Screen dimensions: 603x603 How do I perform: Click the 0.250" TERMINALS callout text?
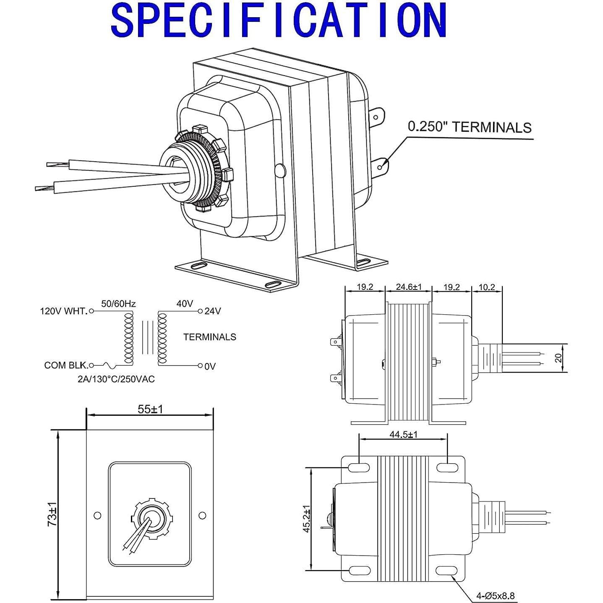pyautogui.click(x=470, y=127)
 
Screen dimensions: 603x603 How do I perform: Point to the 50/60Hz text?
pyautogui.click(x=118, y=303)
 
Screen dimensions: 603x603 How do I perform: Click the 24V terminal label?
pyautogui.click(x=212, y=311)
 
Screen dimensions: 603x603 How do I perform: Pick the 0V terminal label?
pyautogui.click(x=210, y=366)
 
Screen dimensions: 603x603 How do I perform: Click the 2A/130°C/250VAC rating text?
pyautogui.click(x=116, y=379)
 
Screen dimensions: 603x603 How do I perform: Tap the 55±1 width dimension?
pyautogui.click(x=150, y=409)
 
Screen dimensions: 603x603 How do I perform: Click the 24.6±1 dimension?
pyautogui.click(x=408, y=287)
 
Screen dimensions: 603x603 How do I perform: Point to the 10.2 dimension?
pyautogui.click(x=487, y=287)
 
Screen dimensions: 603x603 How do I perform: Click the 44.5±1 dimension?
pyautogui.click(x=403, y=434)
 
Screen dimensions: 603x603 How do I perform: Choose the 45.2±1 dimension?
pyautogui.click(x=307, y=519)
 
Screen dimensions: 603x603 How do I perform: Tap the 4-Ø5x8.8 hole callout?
pyautogui.click(x=495, y=595)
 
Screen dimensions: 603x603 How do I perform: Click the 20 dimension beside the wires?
pyautogui.click(x=558, y=358)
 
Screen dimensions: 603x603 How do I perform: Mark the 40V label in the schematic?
pyautogui.click(x=185, y=303)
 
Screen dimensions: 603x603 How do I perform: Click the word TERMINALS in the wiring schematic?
pyautogui.click(x=209, y=337)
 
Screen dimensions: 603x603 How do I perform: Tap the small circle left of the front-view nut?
pyautogui.click(x=97, y=515)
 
